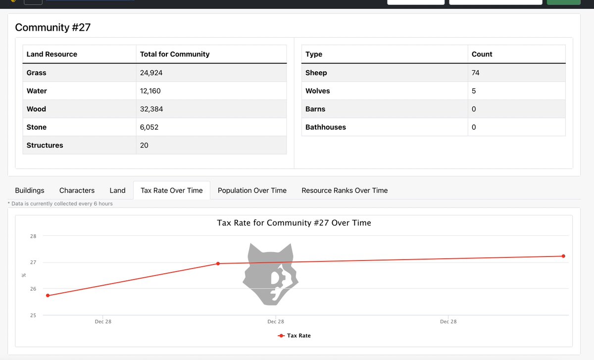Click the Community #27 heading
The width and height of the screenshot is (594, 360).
53,27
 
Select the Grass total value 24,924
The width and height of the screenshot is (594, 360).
151,73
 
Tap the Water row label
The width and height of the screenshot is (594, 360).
37,91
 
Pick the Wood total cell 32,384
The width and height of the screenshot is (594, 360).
151,109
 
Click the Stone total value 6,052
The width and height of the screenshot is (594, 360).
149,127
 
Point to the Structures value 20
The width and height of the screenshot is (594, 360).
144,146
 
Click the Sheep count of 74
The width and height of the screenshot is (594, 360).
476,73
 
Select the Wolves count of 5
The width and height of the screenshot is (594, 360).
474,91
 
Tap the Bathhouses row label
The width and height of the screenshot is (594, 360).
326,127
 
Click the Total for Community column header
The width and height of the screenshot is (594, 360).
175,54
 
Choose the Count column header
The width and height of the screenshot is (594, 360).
482,54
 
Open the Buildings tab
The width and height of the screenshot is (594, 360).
30,190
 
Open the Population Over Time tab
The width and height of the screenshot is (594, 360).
252,190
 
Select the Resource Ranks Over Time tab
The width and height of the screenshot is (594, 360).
345,190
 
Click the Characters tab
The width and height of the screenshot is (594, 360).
77,190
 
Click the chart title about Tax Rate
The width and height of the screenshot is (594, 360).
294,223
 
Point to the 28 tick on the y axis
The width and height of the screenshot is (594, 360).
33,236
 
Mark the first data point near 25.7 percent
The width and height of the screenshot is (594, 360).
48,296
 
